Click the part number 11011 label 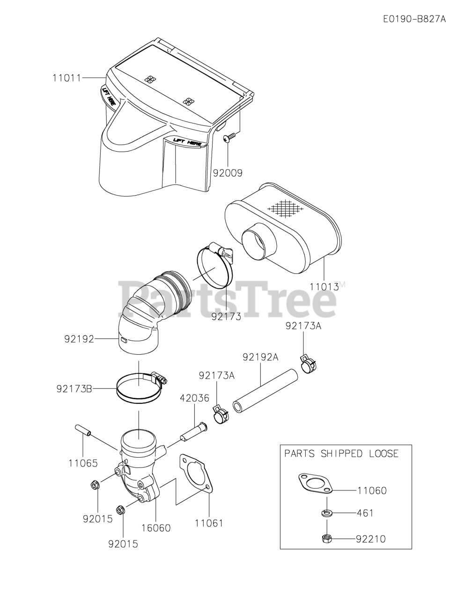[x=67, y=78]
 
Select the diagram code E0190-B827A [x=414, y=19]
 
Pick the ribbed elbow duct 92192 [x=150, y=309]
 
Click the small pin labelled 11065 [x=81, y=430]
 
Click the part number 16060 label [x=156, y=528]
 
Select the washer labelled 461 [x=326, y=513]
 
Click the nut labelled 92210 [x=326, y=539]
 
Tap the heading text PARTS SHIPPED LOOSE [x=341, y=453]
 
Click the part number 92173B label [x=74, y=388]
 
